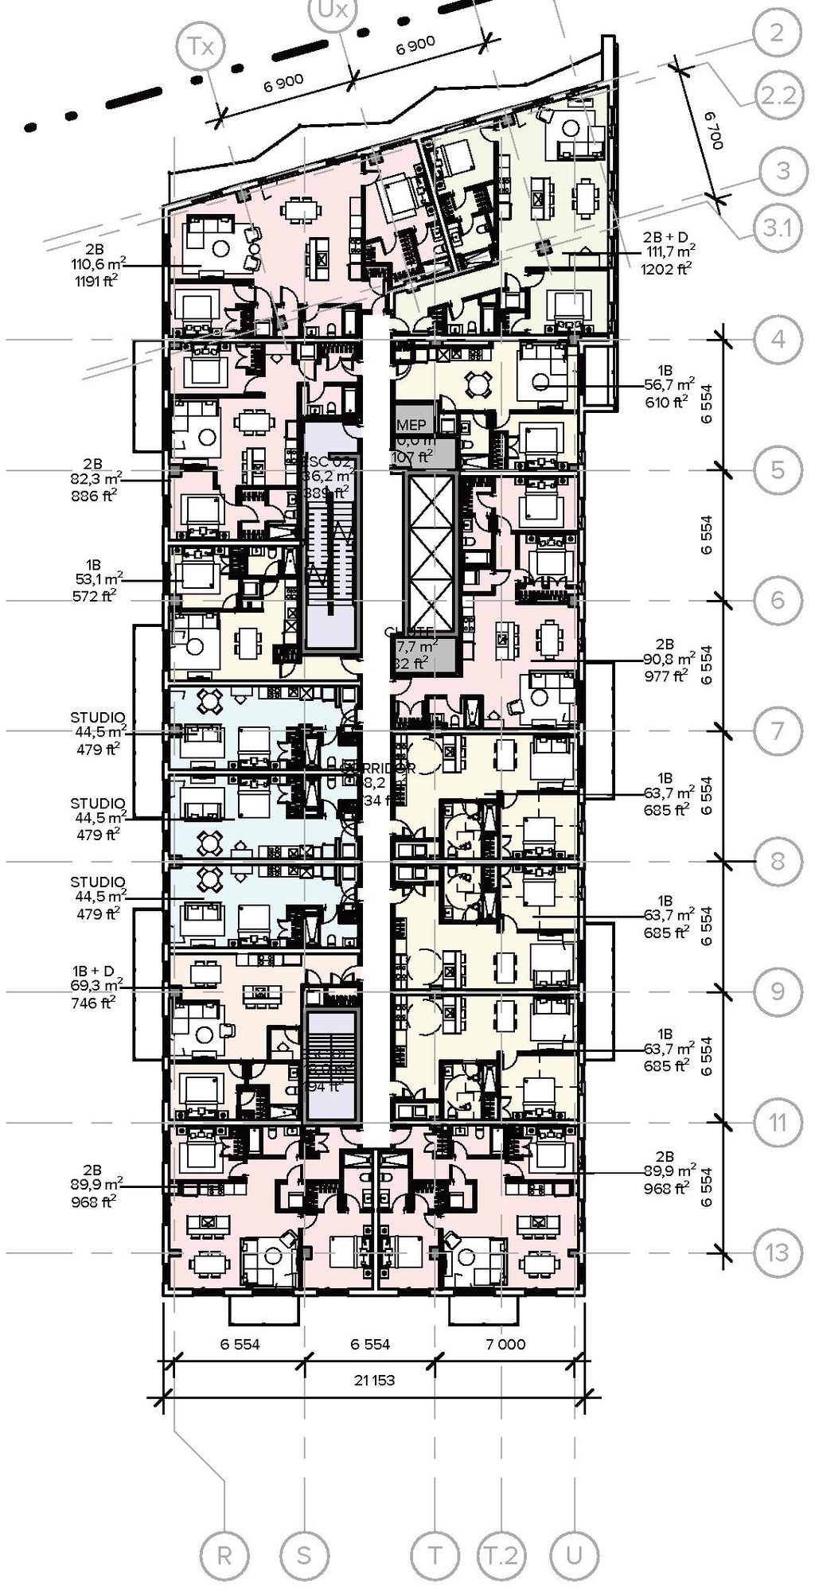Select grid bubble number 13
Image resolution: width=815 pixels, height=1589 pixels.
tap(777, 1252)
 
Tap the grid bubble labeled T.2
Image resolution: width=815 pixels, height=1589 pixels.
tap(501, 1554)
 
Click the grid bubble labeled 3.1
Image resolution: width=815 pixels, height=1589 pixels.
tap(777, 228)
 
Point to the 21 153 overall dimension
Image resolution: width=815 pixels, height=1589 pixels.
tap(374, 1380)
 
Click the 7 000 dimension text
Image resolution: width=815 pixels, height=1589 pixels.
tap(505, 1344)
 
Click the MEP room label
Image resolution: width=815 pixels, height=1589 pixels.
tap(411, 426)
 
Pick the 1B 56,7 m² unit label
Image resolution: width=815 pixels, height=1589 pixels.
tap(666, 387)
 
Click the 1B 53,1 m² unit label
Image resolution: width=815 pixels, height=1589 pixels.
tap(94, 580)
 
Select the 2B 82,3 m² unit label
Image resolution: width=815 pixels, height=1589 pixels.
tap(93, 480)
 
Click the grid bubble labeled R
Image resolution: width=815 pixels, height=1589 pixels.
tap(224, 1554)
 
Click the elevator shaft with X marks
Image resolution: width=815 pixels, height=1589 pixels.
tap(431, 552)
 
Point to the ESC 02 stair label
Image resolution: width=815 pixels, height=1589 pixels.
tap(328, 462)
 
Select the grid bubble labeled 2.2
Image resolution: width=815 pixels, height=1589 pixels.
tap(777, 95)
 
